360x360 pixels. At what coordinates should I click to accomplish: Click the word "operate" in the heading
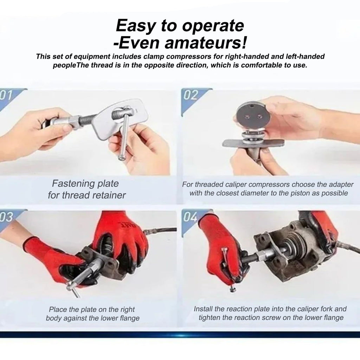(213, 26)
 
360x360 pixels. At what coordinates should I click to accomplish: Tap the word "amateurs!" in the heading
(205, 43)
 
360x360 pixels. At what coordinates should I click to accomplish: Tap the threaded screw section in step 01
(88, 121)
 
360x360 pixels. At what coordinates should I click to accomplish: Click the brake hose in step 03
(160, 230)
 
